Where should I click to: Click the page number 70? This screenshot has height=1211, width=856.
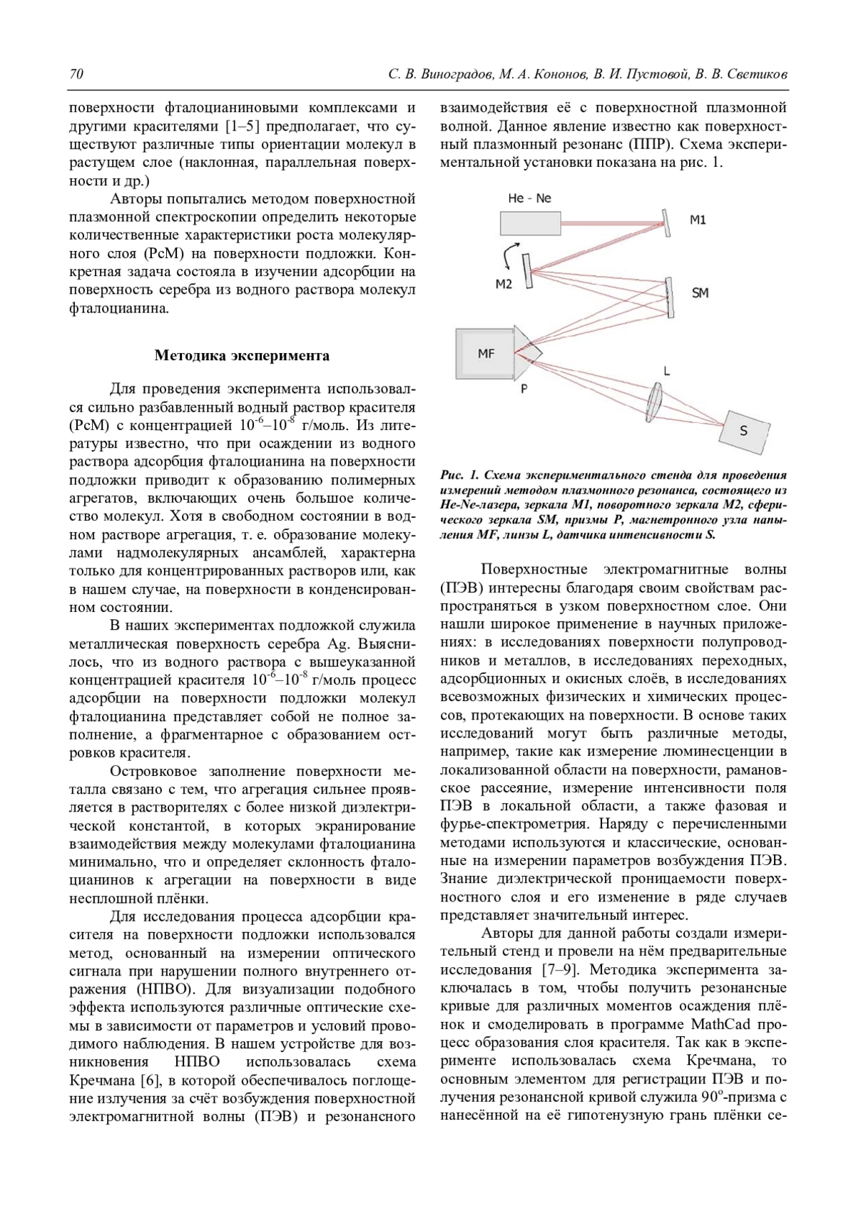[76, 74]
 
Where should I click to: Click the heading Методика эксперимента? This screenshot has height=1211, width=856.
[242, 355]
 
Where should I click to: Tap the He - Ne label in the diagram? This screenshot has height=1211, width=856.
[529, 198]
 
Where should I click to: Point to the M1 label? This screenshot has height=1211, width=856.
[698, 220]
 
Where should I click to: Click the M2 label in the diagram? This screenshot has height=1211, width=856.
[504, 284]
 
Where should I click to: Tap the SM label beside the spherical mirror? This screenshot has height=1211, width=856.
[700, 292]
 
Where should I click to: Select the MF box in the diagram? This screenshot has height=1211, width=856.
[485, 352]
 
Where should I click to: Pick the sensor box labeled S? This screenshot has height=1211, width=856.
[745, 430]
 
